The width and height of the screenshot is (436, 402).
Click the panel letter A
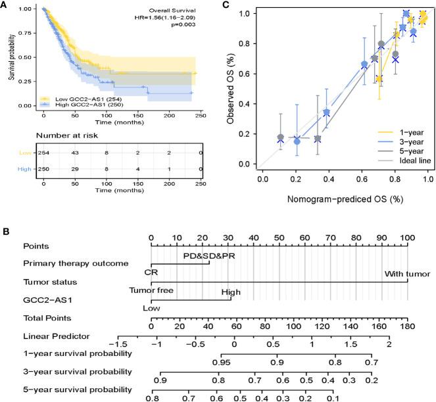pyautogui.click(x=5, y=5)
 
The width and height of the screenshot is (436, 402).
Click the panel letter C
pyautogui.click(x=226, y=5)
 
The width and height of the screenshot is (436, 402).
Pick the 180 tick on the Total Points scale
pyautogui.click(x=408, y=325)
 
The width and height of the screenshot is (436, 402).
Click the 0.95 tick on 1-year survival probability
pyautogui.click(x=222, y=362)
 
